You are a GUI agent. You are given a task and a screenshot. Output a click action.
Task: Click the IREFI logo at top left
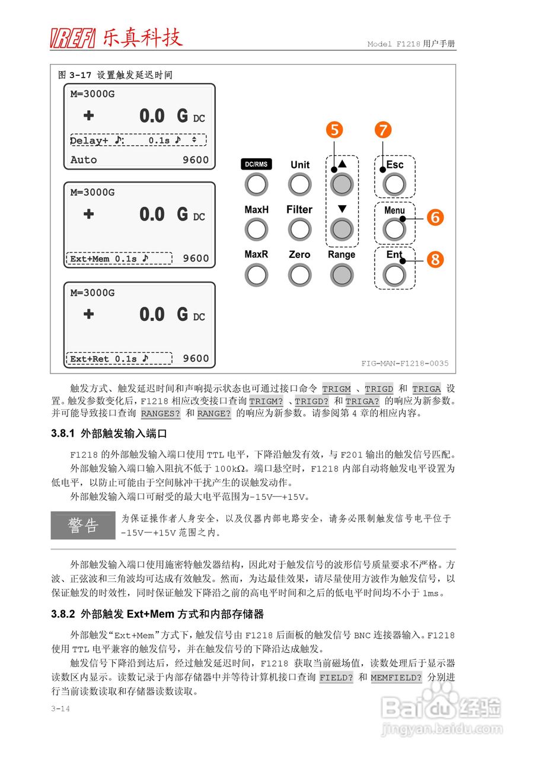click(73, 39)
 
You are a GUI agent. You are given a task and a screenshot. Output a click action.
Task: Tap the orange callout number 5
click(336, 130)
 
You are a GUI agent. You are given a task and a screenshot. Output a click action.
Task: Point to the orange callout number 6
click(435, 218)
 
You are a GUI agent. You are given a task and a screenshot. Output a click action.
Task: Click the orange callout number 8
click(435, 259)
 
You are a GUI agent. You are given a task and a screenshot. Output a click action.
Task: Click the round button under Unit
click(299, 184)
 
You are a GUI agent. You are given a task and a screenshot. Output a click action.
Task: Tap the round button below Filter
click(299, 229)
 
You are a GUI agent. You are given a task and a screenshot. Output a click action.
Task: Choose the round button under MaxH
click(256, 229)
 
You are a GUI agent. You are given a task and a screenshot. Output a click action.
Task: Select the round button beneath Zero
click(299, 275)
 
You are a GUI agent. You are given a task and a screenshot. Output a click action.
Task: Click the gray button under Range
click(342, 275)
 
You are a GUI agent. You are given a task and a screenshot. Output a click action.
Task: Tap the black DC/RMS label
click(256, 165)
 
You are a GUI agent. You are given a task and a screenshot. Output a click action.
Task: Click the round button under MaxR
click(256, 275)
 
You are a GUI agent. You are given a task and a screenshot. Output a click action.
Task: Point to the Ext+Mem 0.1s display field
click(118, 259)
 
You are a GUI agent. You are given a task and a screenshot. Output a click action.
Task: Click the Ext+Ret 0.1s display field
click(118, 359)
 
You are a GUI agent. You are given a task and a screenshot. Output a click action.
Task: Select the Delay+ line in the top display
click(138, 141)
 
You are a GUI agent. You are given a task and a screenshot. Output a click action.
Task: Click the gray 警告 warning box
click(83, 525)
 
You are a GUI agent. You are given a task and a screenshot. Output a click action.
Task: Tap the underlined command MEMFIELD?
click(396, 677)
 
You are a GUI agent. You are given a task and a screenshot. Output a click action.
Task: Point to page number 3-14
click(60, 708)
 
